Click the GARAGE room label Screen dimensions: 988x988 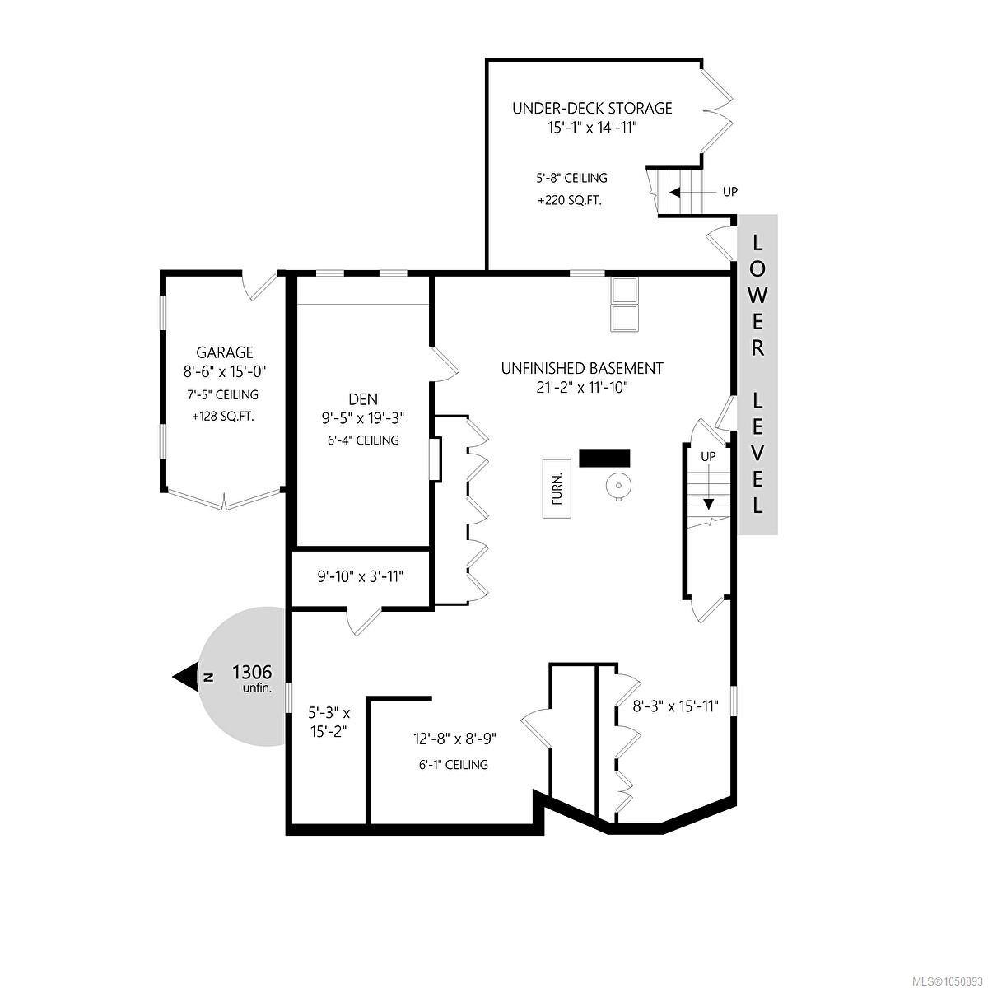225,352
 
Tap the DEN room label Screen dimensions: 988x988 363,398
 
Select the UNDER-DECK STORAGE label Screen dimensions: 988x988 592,108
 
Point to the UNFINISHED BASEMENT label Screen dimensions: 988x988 582,368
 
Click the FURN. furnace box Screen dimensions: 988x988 557,488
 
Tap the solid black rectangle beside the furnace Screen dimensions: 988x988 604,458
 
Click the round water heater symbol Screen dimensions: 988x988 617,484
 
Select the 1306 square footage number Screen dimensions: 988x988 252,672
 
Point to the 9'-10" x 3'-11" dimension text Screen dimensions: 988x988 360,577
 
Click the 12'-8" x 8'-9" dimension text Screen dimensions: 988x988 454,739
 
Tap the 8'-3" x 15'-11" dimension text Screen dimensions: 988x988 675,706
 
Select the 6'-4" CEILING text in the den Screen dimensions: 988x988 363,440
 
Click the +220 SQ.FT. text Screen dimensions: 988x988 569,201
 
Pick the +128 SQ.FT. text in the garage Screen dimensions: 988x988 223,417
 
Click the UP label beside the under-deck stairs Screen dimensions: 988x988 730,192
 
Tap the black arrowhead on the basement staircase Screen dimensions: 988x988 708,504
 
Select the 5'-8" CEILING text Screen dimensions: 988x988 571,178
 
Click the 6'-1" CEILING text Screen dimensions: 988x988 453,764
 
